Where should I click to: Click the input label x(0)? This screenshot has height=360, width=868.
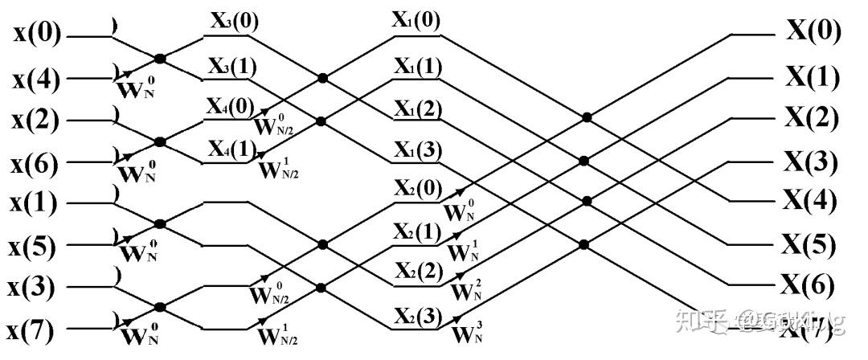point(35,35)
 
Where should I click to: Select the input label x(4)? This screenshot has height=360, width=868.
point(35,80)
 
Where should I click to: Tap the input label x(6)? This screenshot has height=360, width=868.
point(35,164)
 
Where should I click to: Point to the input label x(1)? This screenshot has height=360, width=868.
point(35,204)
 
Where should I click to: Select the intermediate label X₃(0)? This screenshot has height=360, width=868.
point(235,22)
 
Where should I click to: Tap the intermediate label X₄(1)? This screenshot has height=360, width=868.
point(233,149)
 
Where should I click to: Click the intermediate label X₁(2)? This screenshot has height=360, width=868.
point(416,108)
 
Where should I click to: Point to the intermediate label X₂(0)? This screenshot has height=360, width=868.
point(416,188)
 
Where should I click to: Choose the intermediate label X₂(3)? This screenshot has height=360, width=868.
point(416,316)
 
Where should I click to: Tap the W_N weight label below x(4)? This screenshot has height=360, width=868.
point(137,86)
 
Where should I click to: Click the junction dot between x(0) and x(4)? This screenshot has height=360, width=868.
point(160,58)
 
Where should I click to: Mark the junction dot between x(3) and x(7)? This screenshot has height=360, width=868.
point(160,306)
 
